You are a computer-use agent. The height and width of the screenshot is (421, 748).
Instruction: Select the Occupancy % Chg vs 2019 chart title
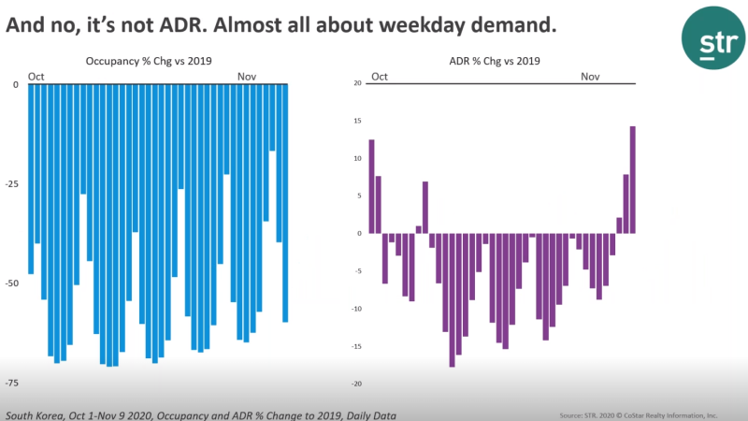click(x=149, y=62)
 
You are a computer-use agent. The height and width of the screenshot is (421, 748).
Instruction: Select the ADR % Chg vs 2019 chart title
click(x=502, y=62)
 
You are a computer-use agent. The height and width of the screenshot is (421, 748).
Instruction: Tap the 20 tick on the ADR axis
click(x=356, y=83)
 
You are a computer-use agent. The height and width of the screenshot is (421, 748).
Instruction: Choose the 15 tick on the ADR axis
click(x=356, y=121)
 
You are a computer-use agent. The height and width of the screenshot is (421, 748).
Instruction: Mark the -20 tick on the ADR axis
click(x=355, y=384)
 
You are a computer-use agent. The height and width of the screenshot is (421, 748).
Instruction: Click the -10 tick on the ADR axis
click(x=355, y=309)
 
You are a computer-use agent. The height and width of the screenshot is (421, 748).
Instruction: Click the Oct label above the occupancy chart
click(x=36, y=76)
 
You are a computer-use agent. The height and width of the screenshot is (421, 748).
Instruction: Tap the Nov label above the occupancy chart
click(x=247, y=76)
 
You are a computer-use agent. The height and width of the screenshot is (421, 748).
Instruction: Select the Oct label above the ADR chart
click(x=380, y=76)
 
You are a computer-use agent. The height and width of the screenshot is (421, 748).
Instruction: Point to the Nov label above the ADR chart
click(x=590, y=76)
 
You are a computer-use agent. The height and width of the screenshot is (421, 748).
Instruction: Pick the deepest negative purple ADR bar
click(x=453, y=299)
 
